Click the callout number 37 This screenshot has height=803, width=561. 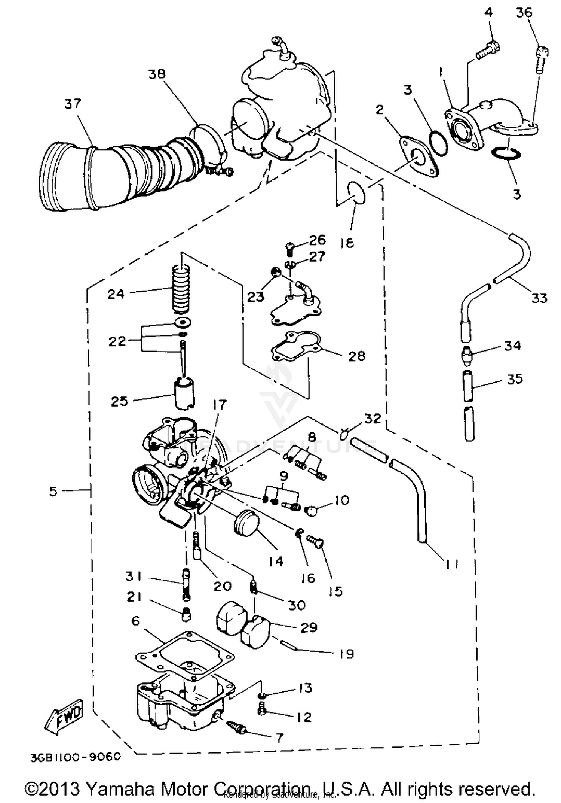(x=73, y=103)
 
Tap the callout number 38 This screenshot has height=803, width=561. (x=156, y=74)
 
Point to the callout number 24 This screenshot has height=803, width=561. (x=116, y=294)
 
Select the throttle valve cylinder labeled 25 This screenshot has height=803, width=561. (x=185, y=394)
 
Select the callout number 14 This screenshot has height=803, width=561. (x=276, y=561)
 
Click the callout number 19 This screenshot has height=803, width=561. (x=347, y=654)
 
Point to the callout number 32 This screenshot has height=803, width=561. (x=373, y=418)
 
